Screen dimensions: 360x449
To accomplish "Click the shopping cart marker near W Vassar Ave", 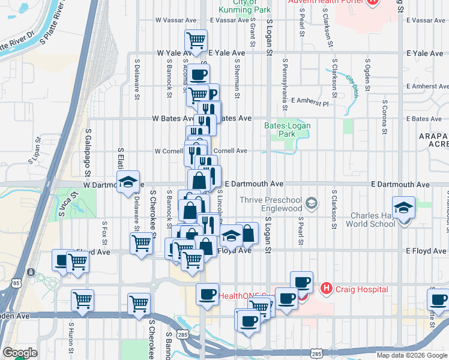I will pyautogui.click(x=196, y=40).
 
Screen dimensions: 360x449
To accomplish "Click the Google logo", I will pyautogui.click(x=20, y=353).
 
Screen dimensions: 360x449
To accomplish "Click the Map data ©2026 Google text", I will pyautogui.click(x=411, y=355).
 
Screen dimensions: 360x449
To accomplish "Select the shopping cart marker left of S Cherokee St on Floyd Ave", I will pyautogui.click(x=141, y=244).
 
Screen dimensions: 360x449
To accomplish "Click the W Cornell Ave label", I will pyautogui.click(x=171, y=151).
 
